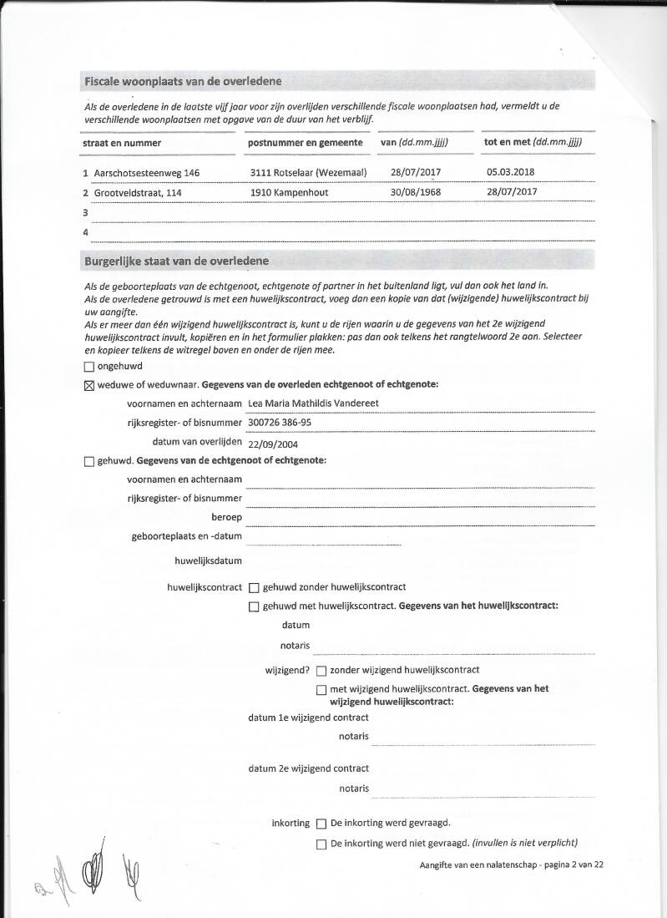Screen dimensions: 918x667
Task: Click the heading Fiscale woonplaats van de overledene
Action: pyautogui.click(x=183, y=81)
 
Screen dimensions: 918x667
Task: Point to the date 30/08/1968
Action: pyautogui.click(x=416, y=192)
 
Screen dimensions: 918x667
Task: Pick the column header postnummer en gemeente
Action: pyautogui.click(x=305, y=143)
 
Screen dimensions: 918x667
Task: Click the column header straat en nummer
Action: pyautogui.click(x=122, y=143)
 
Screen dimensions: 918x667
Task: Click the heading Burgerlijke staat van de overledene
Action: pyautogui.click(x=176, y=261)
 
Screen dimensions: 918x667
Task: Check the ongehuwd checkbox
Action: pyautogui.click(x=89, y=366)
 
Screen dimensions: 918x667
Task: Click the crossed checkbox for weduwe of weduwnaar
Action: pyautogui.click(x=89, y=385)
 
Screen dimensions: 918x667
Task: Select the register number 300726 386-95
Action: pyautogui.click(x=280, y=423)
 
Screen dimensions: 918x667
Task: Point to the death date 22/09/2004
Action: pyautogui.click(x=273, y=443)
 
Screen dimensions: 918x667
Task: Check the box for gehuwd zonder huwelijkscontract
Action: pyautogui.click(x=254, y=588)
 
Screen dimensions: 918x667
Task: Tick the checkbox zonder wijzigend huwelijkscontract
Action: pyautogui.click(x=321, y=670)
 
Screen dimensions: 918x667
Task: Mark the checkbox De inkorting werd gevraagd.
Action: pyautogui.click(x=321, y=824)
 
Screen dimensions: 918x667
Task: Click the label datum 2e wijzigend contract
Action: pyautogui.click(x=308, y=768)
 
